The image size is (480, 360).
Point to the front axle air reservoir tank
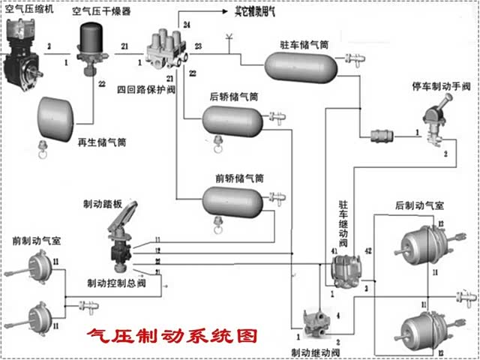(232, 199)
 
